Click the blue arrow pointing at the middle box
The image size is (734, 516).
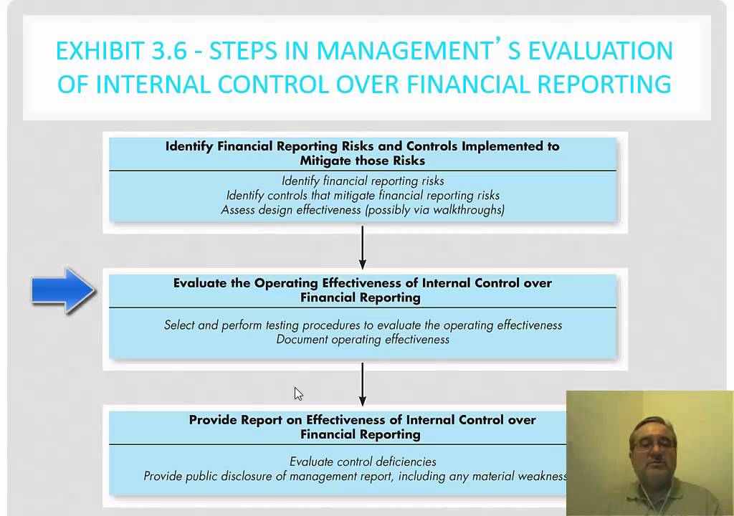pos(64,290)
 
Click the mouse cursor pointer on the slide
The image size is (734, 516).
pos(298,393)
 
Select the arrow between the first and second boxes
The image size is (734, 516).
pos(363,248)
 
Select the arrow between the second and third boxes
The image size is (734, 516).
pos(363,384)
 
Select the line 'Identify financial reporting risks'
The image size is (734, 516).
pos(363,181)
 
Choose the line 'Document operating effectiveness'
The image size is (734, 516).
pos(363,339)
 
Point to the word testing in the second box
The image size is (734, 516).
pos(287,325)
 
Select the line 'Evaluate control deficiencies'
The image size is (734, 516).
pos(363,462)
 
